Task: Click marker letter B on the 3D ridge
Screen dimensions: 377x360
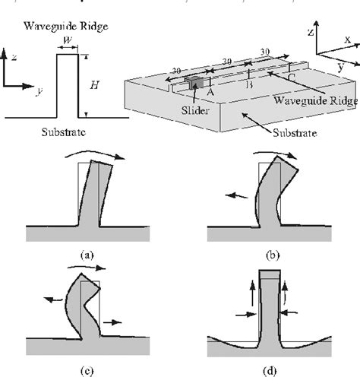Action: click(251, 84)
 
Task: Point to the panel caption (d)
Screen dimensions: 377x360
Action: click(272, 370)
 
